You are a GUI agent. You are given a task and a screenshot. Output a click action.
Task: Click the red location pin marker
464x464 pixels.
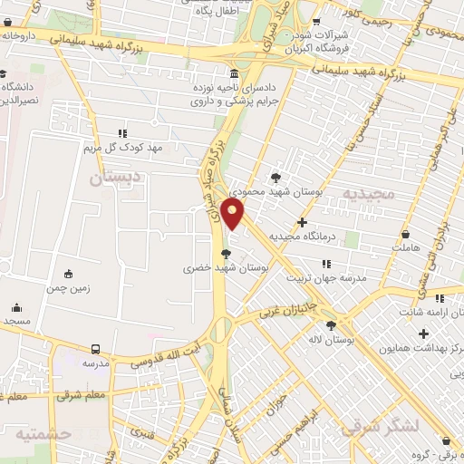pos(234,214)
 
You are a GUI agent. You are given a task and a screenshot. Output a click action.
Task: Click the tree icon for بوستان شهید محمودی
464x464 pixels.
pos(276,177)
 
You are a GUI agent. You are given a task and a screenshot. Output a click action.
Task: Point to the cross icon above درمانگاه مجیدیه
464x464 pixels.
pos(303,221)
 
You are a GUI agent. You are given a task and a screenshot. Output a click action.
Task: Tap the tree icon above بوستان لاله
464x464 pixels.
pos(331,324)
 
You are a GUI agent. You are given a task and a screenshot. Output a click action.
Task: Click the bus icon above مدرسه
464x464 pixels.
pos(95,348)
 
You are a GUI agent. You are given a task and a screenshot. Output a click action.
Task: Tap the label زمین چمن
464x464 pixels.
pos(68,288)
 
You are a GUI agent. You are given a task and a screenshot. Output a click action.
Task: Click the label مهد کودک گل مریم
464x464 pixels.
pos(121,147)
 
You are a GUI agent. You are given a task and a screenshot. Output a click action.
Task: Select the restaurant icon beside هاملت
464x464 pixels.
pos(422,231)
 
